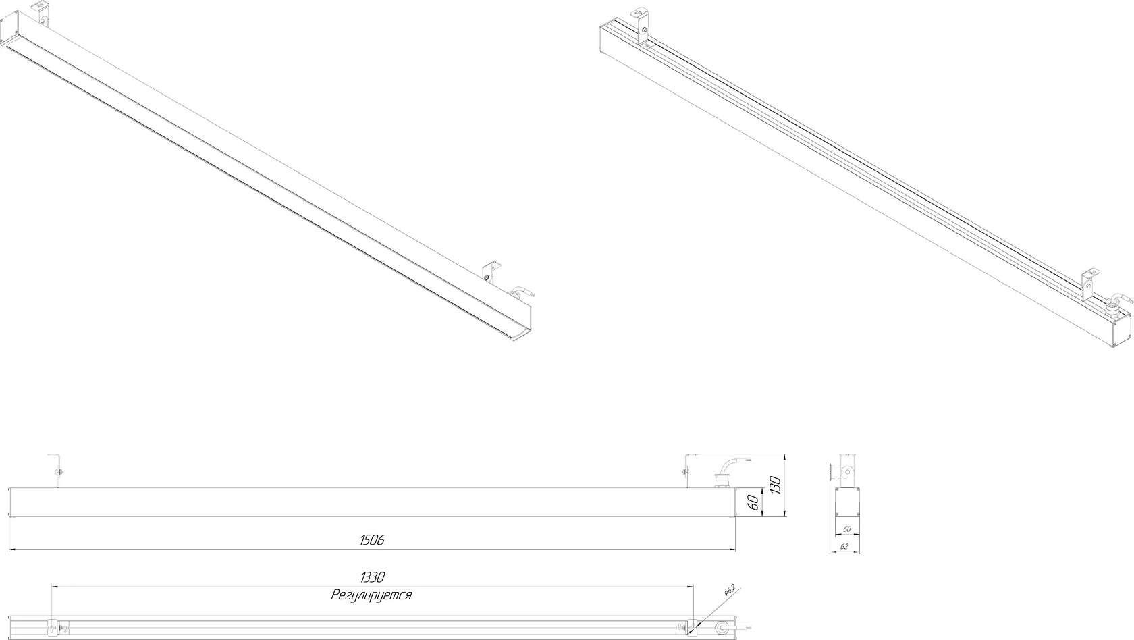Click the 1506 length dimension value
[x=372, y=540]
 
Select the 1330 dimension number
[x=373, y=577]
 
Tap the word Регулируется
[x=371, y=595]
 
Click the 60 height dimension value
[x=754, y=503]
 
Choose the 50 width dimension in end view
[x=846, y=529]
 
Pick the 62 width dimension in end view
[x=844, y=546]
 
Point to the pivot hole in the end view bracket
[x=845, y=471]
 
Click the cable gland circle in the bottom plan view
[x=720, y=628]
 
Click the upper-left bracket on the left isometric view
[x=41, y=14]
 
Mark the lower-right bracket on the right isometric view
[x=1088, y=286]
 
